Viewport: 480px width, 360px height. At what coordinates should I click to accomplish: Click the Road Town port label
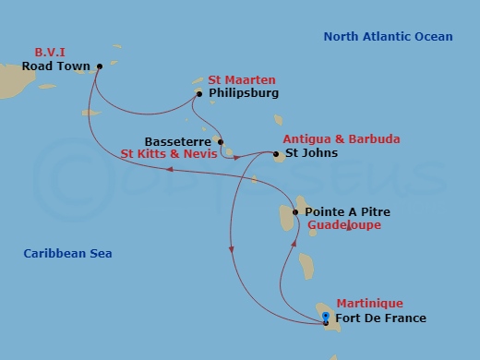coord(57,66)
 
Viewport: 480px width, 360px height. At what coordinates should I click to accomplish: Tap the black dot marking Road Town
coord(100,66)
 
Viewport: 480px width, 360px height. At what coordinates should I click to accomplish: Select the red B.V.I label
coord(51,53)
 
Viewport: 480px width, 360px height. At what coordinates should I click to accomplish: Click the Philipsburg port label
coord(244,93)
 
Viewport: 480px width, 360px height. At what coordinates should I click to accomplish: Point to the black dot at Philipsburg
coord(200,93)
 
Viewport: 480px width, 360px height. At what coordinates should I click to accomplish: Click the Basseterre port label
coord(179,142)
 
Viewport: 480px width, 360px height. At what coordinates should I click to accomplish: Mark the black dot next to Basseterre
coord(220,142)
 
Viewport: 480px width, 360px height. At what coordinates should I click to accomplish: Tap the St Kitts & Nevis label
coord(170,154)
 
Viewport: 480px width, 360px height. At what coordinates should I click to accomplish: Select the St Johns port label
coord(311,153)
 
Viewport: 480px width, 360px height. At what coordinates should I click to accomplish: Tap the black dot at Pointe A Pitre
coord(295,212)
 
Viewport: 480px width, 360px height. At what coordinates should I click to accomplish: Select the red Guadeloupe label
coord(344,224)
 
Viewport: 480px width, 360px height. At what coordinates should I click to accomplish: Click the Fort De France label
coord(381,318)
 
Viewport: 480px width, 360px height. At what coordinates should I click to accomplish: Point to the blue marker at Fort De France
coord(326,317)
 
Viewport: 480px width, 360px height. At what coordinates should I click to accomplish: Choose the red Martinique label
coord(369,304)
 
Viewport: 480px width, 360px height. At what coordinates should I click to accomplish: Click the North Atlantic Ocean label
coord(388,37)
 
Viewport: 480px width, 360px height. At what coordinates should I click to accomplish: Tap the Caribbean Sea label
coord(61,253)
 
